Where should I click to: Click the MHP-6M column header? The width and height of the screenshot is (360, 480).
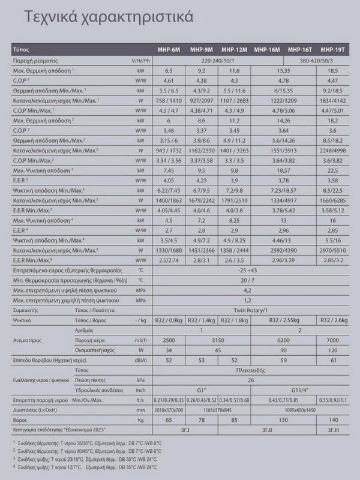point(169,50)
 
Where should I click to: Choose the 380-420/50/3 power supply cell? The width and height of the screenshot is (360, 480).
point(316,61)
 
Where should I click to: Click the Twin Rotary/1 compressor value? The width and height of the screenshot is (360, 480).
point(250,311)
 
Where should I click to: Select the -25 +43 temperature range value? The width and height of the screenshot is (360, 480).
point(250,270)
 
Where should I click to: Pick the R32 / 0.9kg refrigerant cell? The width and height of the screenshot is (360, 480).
point(169,320)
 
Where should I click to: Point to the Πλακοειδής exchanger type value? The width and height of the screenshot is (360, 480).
point(250,370)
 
